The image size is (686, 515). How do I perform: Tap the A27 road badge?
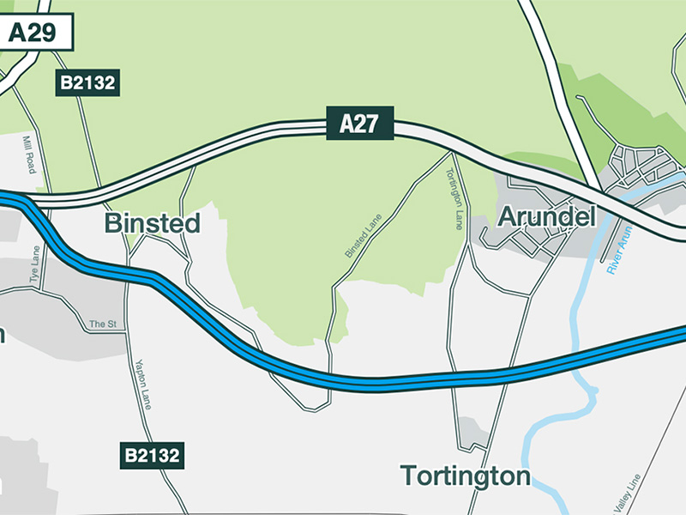359,124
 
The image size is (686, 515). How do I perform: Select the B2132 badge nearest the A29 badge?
87,83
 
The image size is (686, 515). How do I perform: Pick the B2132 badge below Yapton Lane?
152,455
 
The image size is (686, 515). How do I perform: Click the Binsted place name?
152,224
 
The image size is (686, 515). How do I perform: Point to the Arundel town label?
546,217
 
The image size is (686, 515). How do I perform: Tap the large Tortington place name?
466,476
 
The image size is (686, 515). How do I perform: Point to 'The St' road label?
102,324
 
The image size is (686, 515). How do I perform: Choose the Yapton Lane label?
143,383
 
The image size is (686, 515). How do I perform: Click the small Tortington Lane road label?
455,197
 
